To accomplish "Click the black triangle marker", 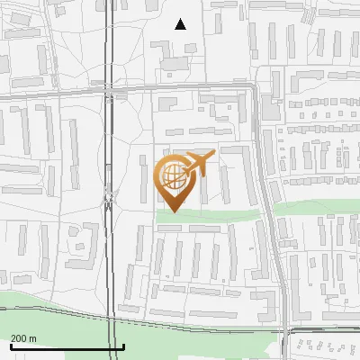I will tap(180, 24).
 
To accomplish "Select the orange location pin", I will tap(173, 180).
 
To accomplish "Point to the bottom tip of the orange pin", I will tap(173, 211).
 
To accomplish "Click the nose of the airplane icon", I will tap(212, 157).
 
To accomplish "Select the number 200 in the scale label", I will tap(19, 338).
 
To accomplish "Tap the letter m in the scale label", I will tap(32, 338).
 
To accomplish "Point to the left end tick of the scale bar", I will tap(10, 346).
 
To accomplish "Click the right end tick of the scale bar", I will tap(123, 346).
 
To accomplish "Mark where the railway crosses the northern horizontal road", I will tap(109, 92).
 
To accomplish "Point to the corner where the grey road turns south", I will tap(256, 90).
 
